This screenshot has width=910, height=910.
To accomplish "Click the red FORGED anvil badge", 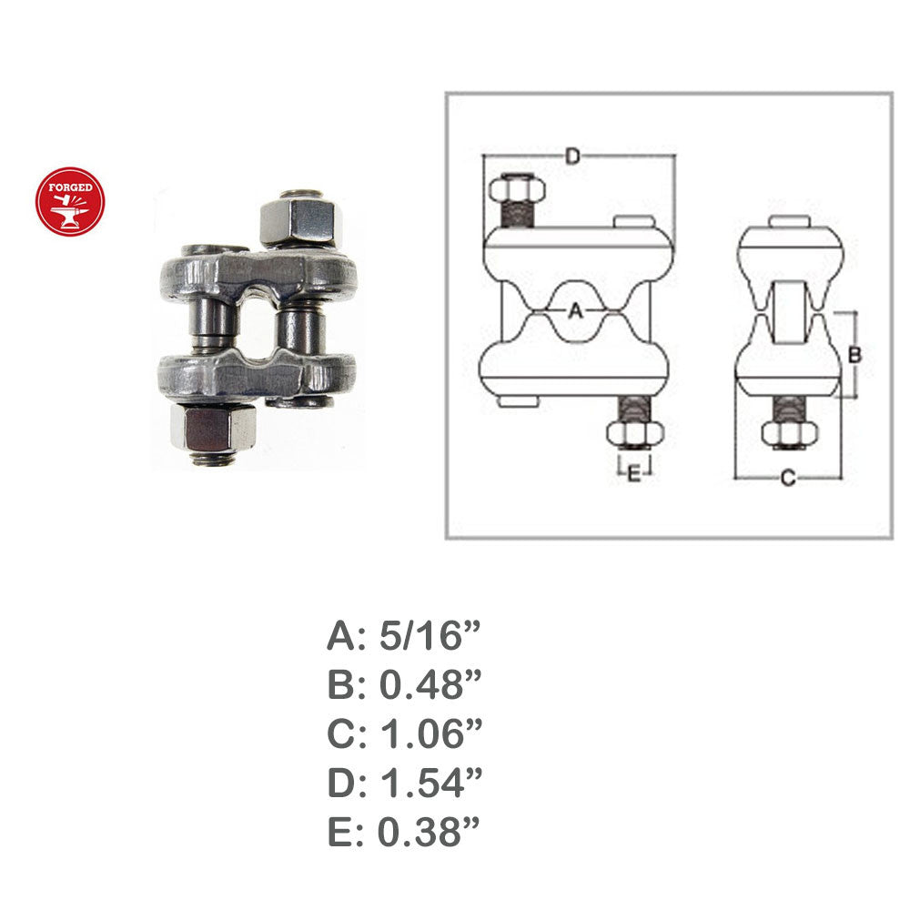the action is (x=70, y=201).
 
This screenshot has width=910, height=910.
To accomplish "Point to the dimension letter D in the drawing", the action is (x=572, y=157).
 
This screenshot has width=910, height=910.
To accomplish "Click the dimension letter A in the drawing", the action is (x=574, y=311).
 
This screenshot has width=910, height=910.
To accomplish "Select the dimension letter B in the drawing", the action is (x=854, y=354).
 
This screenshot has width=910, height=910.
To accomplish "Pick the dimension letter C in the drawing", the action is (x=788, y=479).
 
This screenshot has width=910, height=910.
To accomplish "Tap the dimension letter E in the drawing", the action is (x=633, y=473).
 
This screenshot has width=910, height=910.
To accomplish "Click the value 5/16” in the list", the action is (x=430, y=635).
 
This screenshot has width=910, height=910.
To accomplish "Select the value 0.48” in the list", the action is (x=430, y=684).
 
